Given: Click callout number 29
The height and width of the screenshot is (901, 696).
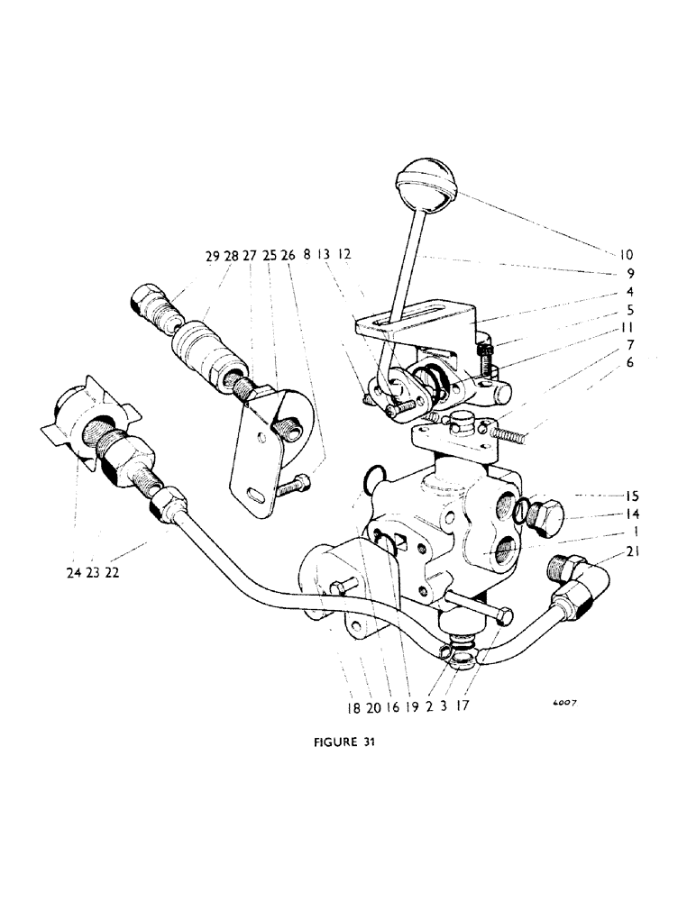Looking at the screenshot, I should coord(212,258).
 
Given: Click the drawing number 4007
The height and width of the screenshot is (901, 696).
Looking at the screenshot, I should coord(563,706).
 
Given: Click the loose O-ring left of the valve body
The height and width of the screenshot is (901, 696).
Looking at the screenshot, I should coord(371,479).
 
